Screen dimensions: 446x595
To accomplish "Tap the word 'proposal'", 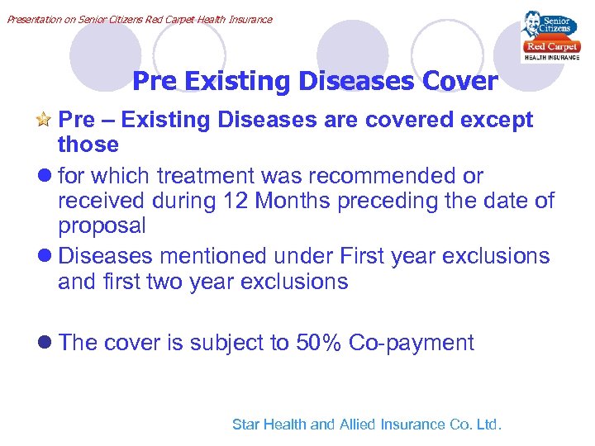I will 102,226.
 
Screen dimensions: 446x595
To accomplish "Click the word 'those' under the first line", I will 88,145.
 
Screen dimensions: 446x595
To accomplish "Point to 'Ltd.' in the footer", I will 488,425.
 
